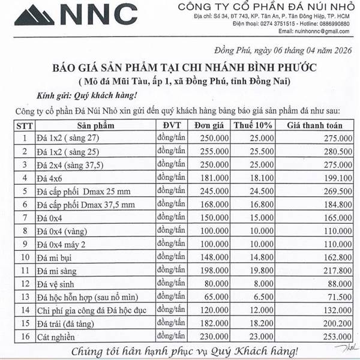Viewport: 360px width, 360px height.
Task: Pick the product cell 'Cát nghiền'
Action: (59, 337)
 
